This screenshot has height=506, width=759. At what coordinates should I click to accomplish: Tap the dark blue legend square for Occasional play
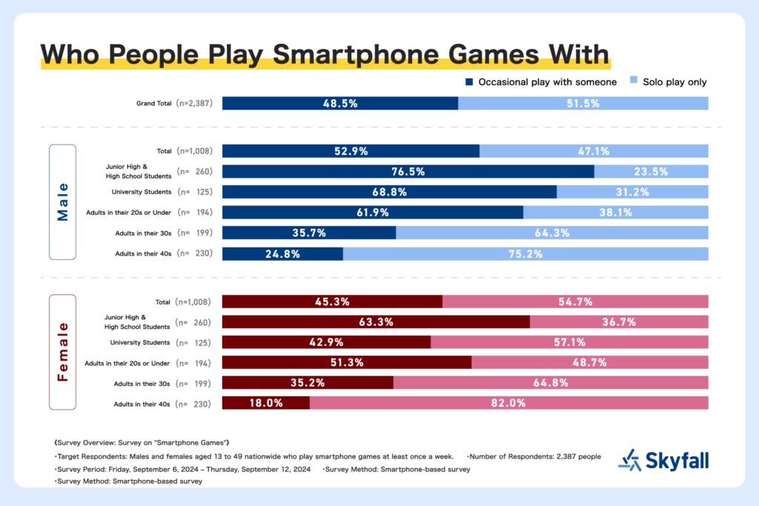469,81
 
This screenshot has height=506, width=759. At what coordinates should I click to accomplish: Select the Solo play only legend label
675,82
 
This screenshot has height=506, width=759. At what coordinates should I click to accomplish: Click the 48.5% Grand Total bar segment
340,103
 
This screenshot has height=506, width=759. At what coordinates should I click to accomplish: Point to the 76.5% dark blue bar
408,171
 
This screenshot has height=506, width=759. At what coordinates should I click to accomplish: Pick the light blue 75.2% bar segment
526,253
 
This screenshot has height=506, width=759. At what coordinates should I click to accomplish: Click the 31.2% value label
632,192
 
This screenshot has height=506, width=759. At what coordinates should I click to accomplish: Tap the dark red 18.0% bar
266,402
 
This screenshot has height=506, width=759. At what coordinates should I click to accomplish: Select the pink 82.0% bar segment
509,402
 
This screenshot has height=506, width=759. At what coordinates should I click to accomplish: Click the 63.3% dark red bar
376,322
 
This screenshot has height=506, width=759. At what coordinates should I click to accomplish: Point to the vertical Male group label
63,202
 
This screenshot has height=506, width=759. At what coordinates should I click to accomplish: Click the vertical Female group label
63,352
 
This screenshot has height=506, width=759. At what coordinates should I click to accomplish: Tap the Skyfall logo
663,461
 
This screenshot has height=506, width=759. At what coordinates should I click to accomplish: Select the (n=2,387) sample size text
194,103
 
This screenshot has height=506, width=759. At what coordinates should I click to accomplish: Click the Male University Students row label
142,192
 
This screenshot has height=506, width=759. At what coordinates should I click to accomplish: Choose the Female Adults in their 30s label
142,384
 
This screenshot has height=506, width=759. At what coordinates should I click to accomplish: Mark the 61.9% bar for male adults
373,213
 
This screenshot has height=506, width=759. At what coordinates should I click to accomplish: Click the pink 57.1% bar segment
570,342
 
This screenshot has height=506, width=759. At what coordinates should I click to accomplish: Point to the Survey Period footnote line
184,469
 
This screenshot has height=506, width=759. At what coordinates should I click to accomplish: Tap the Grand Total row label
154,103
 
